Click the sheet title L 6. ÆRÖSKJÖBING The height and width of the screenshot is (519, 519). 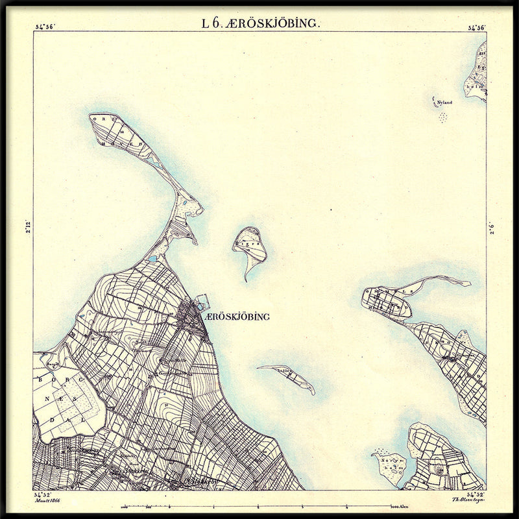click(x=260, y=24)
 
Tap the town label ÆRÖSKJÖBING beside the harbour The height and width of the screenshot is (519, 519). click(x=236, y=317)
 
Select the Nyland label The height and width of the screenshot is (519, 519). click(x=444, y=103)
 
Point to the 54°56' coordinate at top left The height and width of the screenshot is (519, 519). click(x=45, y=27)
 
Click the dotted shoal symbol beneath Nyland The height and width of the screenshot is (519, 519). click(x=443, y=117)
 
